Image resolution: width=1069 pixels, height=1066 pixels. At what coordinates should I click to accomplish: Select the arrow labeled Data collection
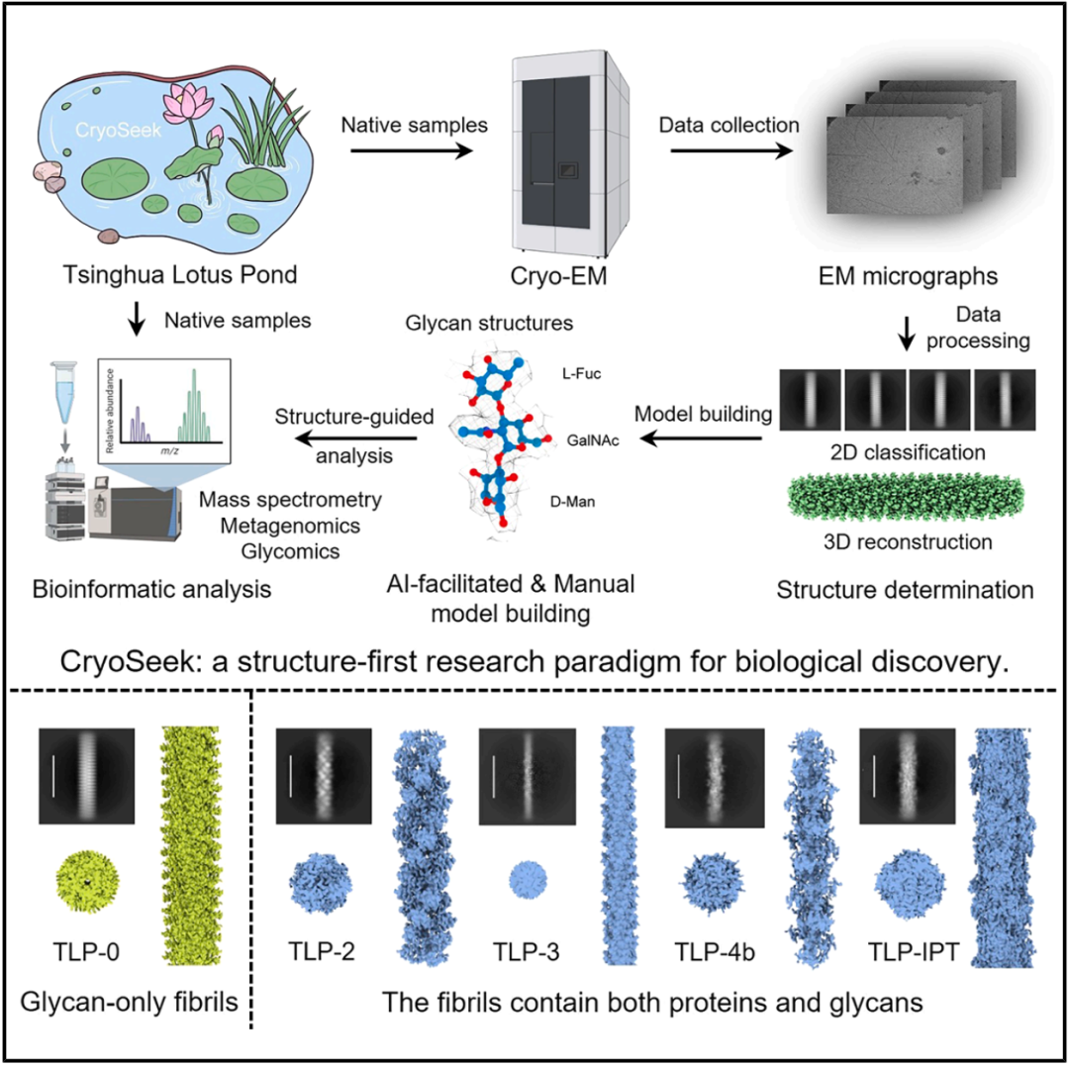[x=729, y=150]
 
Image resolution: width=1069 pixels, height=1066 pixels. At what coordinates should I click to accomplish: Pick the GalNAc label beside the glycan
[x=593, y=441]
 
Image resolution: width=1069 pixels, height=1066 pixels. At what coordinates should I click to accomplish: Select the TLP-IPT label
[x=909, y=954]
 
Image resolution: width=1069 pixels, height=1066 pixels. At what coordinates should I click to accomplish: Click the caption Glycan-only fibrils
[x=131, y=1003]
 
